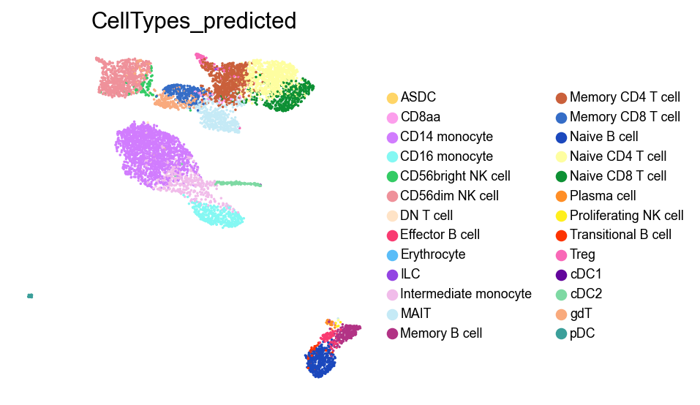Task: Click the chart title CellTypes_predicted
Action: (194, 22)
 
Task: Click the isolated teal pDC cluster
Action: (30, 296)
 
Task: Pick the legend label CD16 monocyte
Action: (446, 156)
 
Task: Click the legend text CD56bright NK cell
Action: (455, 176)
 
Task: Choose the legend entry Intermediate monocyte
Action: (465, 295)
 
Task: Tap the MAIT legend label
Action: (415, 314)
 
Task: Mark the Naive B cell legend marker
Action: (561, 137)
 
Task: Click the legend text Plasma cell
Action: (603, 196)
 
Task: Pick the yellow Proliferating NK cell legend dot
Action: (561, 216)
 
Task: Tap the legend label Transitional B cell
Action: (620, 235)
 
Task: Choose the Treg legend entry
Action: (582, 255)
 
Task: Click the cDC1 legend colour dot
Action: (561, 275)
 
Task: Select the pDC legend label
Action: (583, 334)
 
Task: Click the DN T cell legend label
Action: (426, 216)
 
